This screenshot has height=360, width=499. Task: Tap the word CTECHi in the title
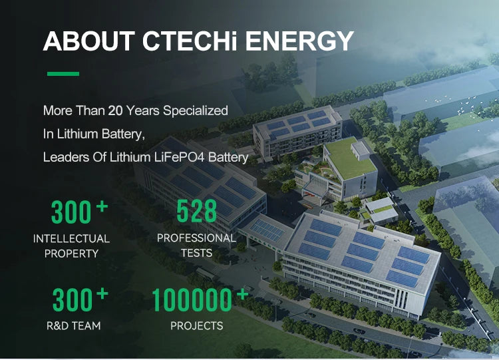(190, 41)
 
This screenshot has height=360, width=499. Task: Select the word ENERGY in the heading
(299, 41)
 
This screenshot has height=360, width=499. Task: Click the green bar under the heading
(63, 74)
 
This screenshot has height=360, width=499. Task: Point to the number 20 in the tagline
(115, 110)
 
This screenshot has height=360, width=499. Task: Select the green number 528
(197, 211)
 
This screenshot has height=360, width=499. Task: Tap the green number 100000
(192, 299)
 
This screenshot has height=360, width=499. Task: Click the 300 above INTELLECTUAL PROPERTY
(71, 212)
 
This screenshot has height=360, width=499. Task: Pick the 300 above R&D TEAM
(73, 299)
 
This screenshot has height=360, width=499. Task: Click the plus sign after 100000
(242, 294)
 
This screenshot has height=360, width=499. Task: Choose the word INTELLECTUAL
(71, 239)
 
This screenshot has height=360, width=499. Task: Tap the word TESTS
(197, 253)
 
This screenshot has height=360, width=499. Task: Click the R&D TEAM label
(73, 325)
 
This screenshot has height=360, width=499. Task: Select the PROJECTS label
(197, 325)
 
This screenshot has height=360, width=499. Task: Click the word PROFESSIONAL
(197, 238)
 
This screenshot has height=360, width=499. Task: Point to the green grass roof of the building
(350, 158)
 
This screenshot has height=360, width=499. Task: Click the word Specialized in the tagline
(196, 111)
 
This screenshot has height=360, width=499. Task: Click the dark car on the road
(359, 331)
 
